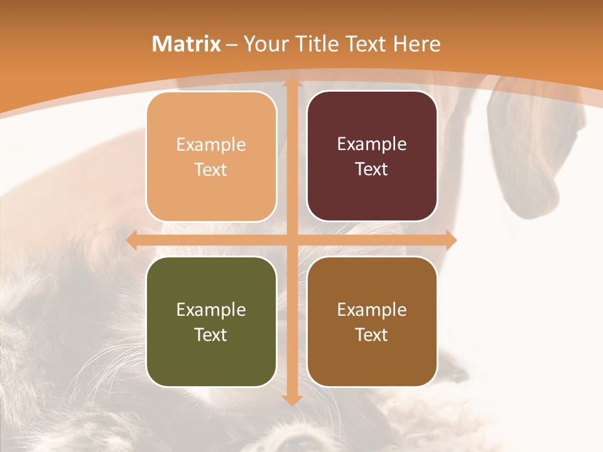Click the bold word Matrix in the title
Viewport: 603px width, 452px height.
187,44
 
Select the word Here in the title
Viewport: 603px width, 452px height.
416,44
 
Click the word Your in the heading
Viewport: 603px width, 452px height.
264,44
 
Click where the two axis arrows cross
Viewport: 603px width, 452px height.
291,240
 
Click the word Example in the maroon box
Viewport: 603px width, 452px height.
372,144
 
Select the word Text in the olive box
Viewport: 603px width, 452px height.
211,335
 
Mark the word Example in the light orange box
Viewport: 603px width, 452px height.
211,145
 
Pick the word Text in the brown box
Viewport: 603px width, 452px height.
372,335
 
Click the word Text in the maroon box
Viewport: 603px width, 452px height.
372,169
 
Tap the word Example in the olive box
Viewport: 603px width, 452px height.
211,309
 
